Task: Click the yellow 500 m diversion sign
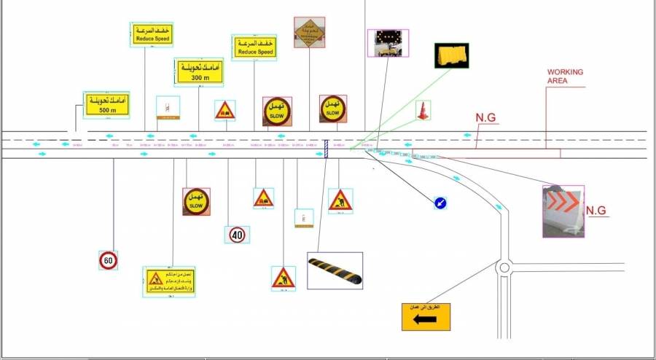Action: click(106, 104)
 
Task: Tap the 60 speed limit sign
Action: click(108, 260)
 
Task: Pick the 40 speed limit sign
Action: click(237, 235)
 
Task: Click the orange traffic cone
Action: click(422, 111)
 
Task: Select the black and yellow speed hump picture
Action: click(335, 270)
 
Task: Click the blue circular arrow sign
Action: click(442, 203)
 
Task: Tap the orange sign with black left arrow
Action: click(426, 317)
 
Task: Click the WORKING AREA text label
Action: click(565, 77)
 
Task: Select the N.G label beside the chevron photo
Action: click(597, 211)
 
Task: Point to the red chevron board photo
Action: click(563, 211)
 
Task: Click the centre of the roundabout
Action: click(504, 267)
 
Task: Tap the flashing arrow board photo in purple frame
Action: click(388, 43)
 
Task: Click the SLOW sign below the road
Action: click(196, 202)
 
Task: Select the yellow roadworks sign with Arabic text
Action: click(169, 281)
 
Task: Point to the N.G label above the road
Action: click(485, 117)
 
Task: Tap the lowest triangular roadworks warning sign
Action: click(283, 278)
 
